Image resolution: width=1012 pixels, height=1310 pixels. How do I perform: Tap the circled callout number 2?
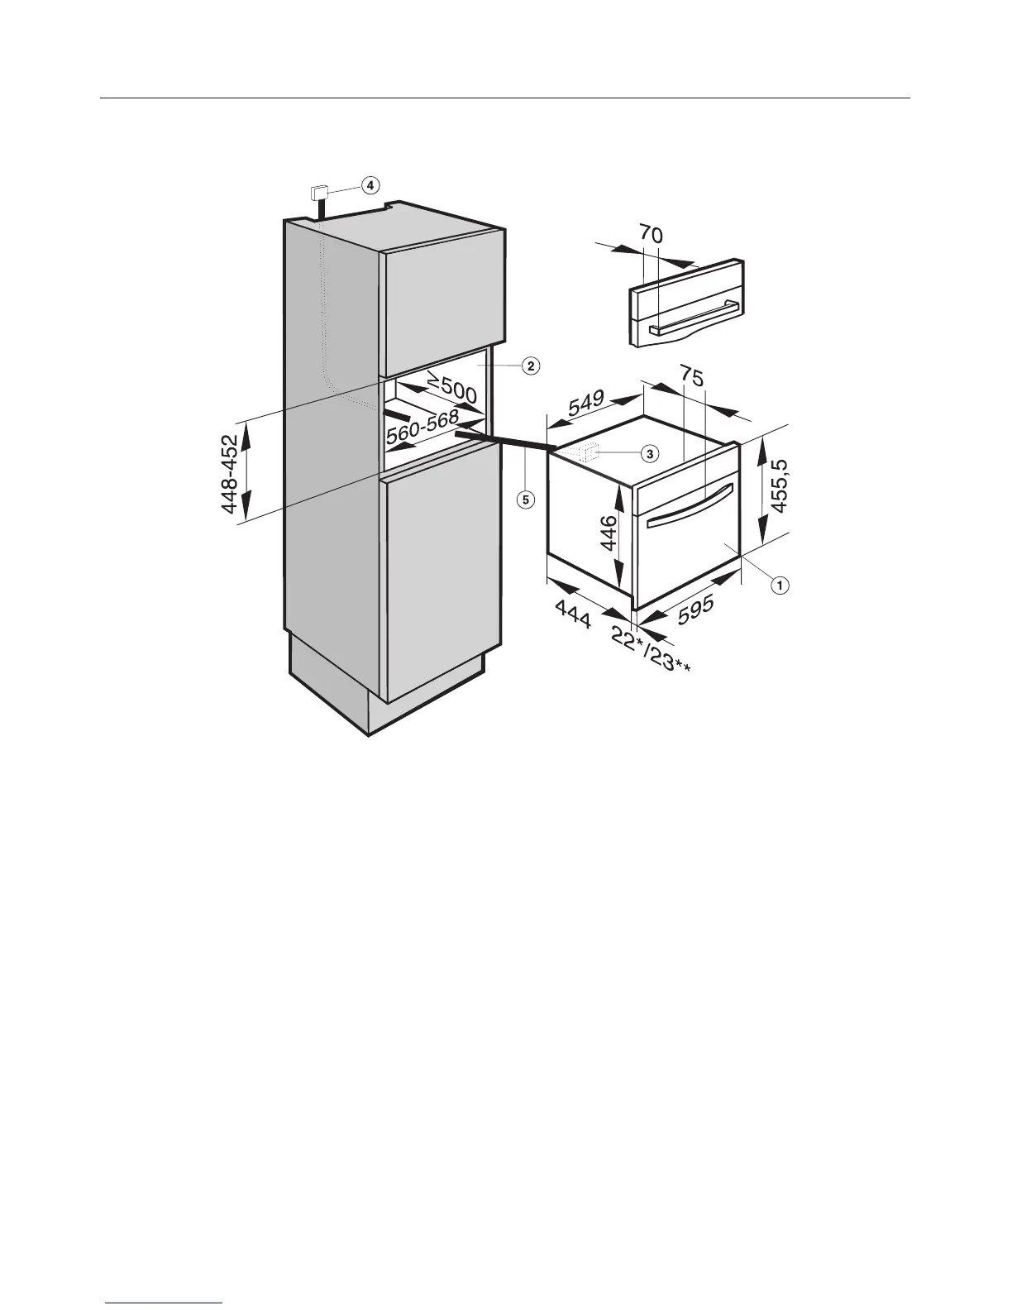coord(530,365)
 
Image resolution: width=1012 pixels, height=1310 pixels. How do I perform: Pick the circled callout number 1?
coord(778,585)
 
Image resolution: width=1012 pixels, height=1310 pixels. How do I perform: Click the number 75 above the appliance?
coord(693,378)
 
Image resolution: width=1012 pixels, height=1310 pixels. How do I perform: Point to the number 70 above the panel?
coord(650,235)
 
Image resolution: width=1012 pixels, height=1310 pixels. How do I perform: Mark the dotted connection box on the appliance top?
coord(590,452)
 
